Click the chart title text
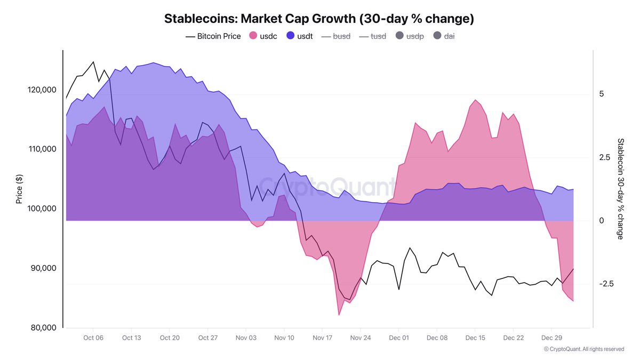click(x=319, y=19)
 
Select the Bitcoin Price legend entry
click(x=213, y=36)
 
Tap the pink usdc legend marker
click(x=254, y=36)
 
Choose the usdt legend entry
click(x=299, y=36)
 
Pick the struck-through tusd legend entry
click(x=373, y=36)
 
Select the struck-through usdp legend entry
click(x=410, y=36)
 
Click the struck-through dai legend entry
click(x=444, y=36)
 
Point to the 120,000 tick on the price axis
click(x=42, y=90)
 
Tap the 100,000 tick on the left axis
click(x=42, y=209)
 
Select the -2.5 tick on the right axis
click(x=606, y=284)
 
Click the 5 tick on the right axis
click(x=601, y=94)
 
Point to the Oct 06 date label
click(x=93, y=338)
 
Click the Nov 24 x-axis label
click(x=361, y=338)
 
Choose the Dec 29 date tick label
click(x=551, y=338)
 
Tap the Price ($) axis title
click(x=19, y=190)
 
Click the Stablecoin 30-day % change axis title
click(x=620, y=189)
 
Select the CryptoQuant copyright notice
click(x=583, y=349)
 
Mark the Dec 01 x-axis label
click(x=399, y=338)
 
